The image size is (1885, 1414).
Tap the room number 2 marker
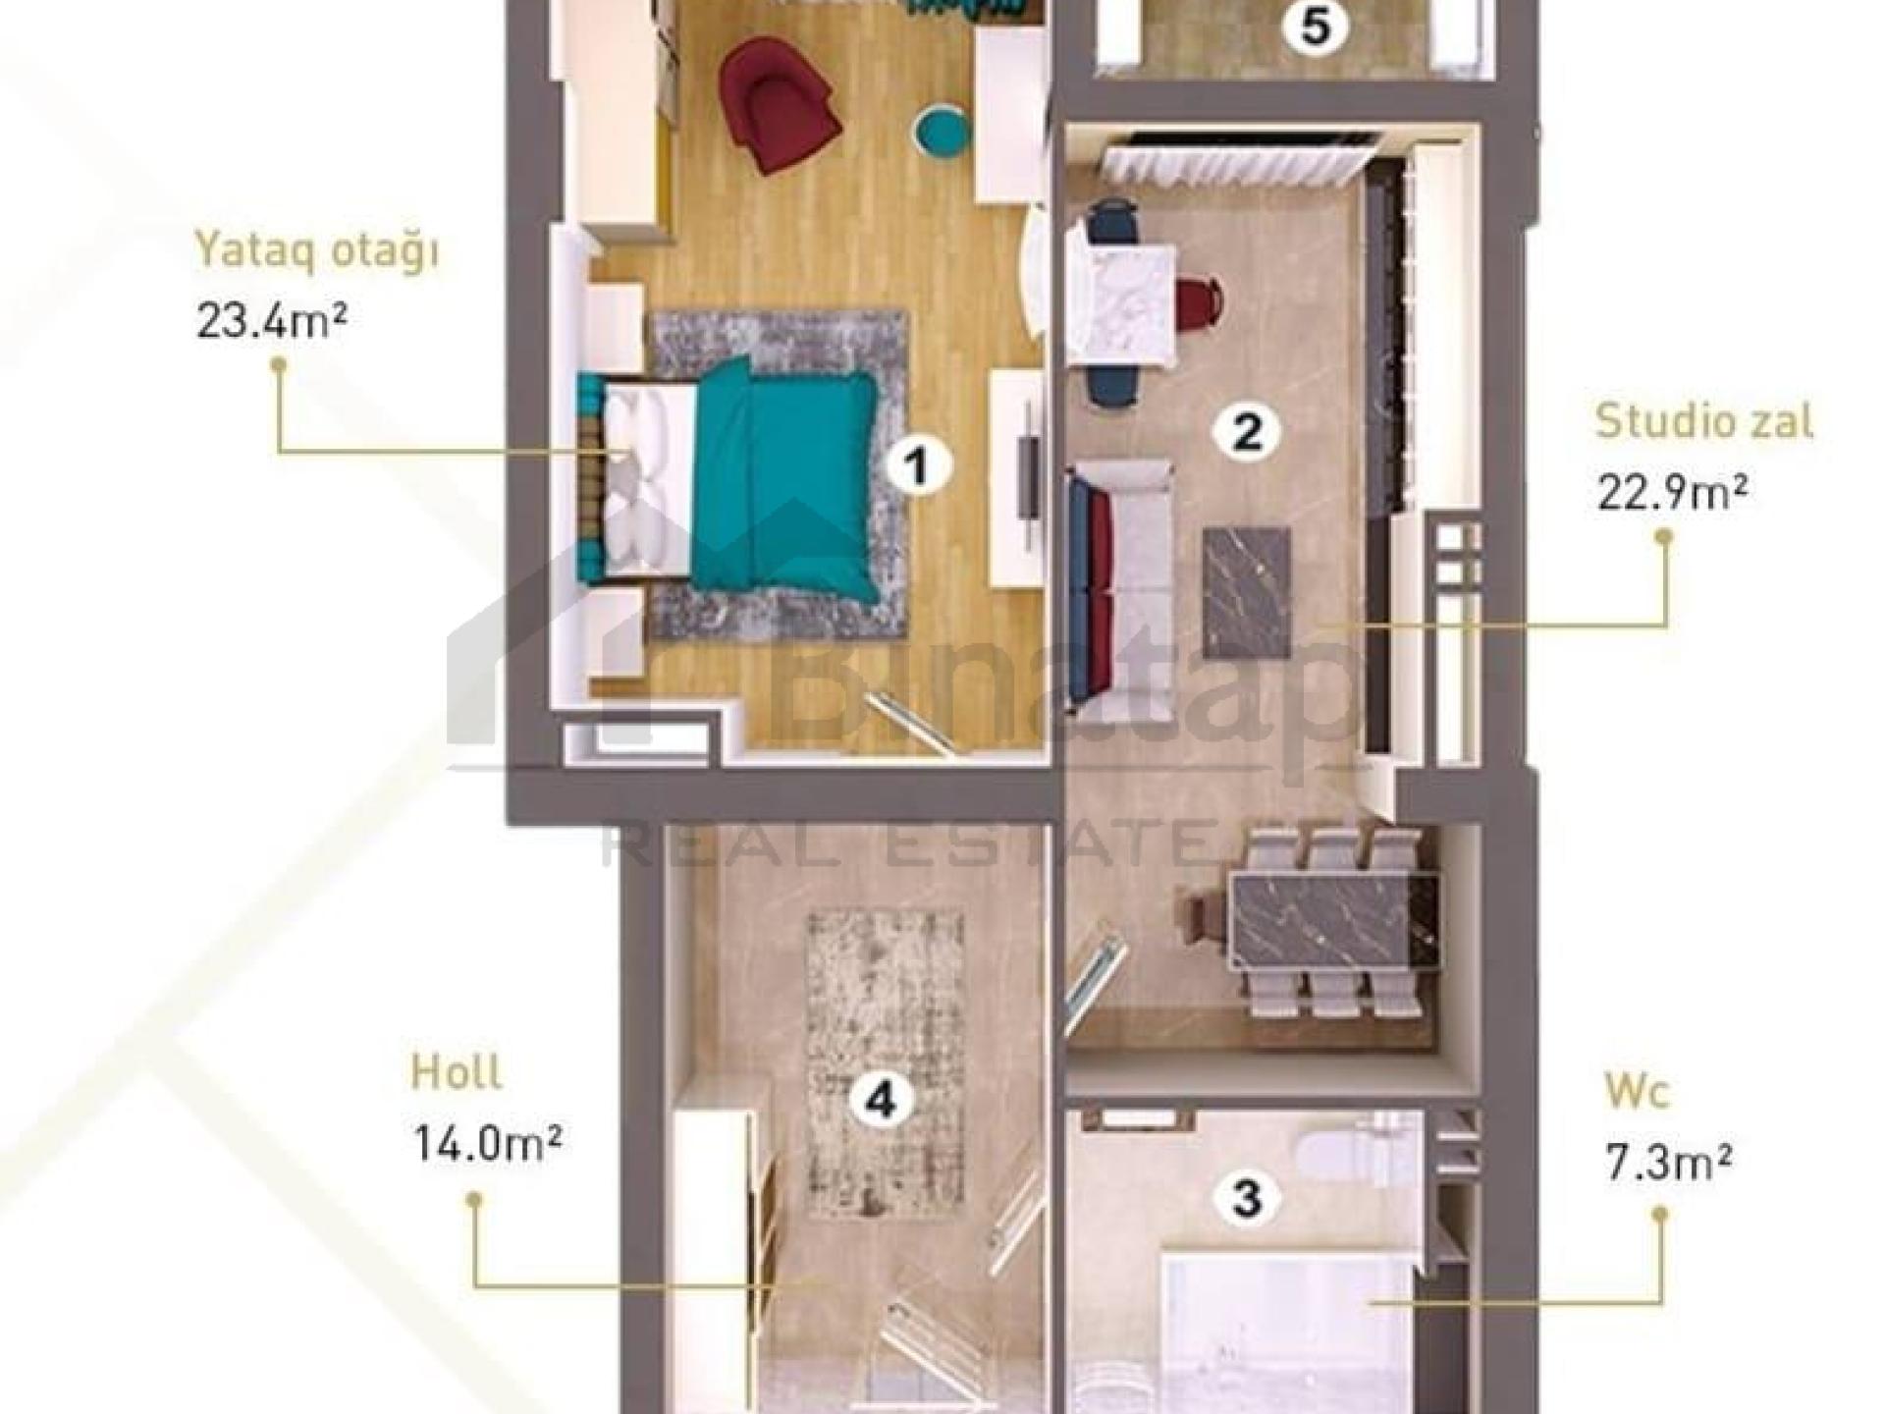[x=1247, y=431]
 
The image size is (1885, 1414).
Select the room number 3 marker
[x=1247, y=1198]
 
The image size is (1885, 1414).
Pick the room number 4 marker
[x=881, y=1101]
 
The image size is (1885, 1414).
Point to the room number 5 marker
[x=1316, y=27]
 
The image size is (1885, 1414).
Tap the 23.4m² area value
[x=271, y=321]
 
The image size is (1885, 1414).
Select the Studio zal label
[x=1704, y=421]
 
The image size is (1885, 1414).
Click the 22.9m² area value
[x=1672, y=493]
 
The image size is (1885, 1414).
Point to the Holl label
[x=457, y=1072]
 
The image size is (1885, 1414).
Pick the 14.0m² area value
[x=487, y=1143]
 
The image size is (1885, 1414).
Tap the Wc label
[x=1637, y=1092]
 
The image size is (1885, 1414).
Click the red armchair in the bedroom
[x=779, y=104]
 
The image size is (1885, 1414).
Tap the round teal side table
[x=941, y=133]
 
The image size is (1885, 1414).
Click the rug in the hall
[x=885, y=1065]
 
